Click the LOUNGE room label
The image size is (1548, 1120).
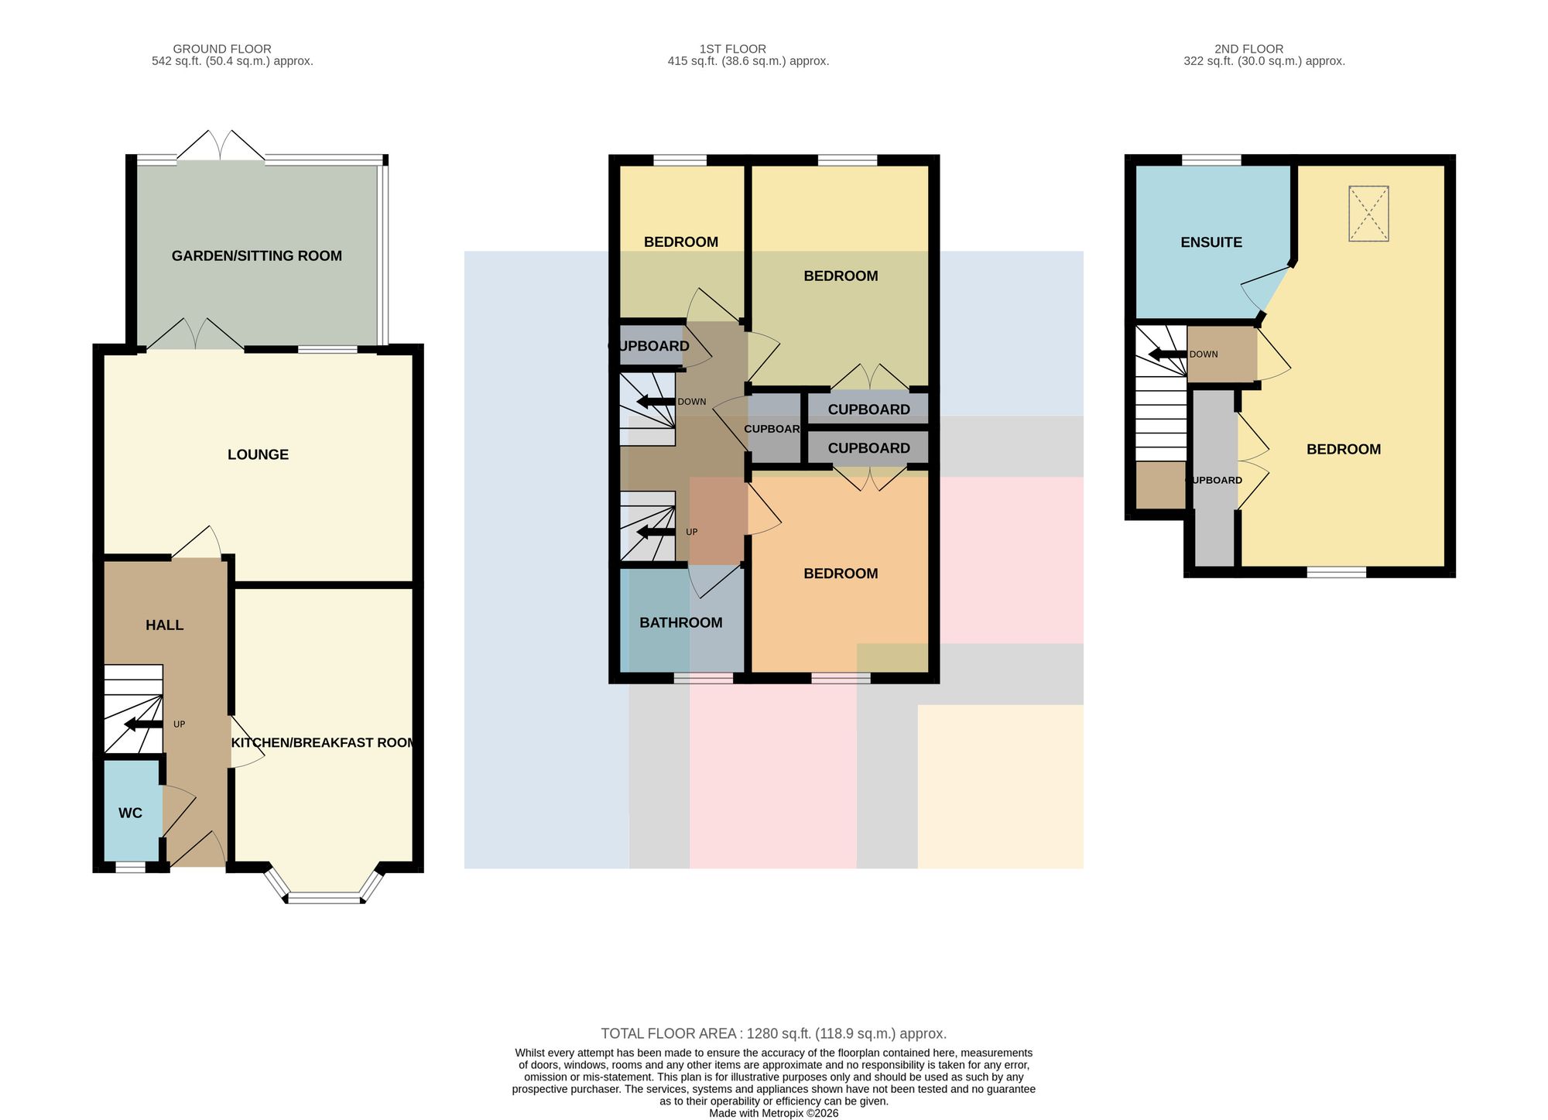(x=258, y=454)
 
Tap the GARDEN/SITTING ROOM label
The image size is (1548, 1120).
(x=257, y=256)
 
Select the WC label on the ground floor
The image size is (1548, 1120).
(x=130, y=813)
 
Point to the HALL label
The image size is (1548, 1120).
(x=165, y=625)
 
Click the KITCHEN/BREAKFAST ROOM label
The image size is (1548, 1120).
(x=324, y=742)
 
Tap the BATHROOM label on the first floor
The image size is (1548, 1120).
(x=681, y=622)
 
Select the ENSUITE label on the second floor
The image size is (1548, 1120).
(x=1211, y=242)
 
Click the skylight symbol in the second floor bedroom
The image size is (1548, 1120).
(x=1368, y=214)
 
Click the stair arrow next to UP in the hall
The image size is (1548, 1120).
(x=143, y=724)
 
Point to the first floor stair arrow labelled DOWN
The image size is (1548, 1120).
(x=656, y=402)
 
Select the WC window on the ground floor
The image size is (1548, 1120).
(x=130, y=868)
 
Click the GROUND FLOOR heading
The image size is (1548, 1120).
(x=222, y=49)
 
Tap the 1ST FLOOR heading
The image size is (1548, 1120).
(x=732, y=49)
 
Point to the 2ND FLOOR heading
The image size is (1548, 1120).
(x=1249, y=49)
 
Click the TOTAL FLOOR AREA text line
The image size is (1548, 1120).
(x=774, y=1033)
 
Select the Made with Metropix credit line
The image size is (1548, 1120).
(x=774, y=1113)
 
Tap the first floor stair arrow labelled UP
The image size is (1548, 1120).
(x=656, y=532)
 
